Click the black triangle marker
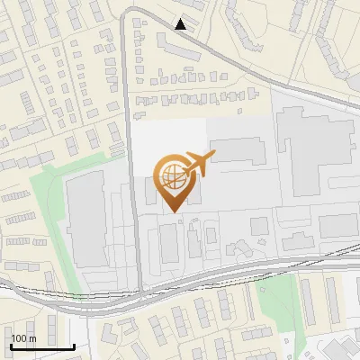tap(182, 24)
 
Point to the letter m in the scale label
tap(33, 338)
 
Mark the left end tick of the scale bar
tap(11, 346)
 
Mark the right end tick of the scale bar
tap(74, 346)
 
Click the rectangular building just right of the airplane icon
tap(237, 149)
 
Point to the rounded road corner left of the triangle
tap(129, 12)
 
